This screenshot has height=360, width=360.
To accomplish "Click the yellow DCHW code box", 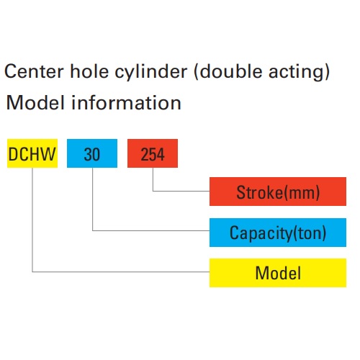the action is tap(32, 153).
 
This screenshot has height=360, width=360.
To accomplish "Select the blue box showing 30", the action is tap(92, 153).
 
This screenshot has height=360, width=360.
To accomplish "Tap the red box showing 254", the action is tap(153, 153).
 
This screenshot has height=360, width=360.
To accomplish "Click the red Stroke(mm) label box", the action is tap(278, 192).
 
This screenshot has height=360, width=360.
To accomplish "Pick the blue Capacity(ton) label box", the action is tap(278, 233).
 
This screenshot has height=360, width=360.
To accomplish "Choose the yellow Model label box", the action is tap(278, 273).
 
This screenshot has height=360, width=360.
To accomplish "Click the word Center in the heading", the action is tap(34, 71).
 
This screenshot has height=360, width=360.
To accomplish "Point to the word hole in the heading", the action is tap(89, 71).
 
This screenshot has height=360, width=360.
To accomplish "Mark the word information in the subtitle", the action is tap(126, 102).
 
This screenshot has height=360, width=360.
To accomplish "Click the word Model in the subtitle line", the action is tap(35, 102).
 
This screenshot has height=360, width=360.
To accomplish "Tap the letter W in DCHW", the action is tap(49, 154).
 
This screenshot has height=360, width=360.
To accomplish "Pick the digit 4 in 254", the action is tap(161, 154).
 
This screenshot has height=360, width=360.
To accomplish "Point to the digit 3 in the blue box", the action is tap(88, 154).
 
